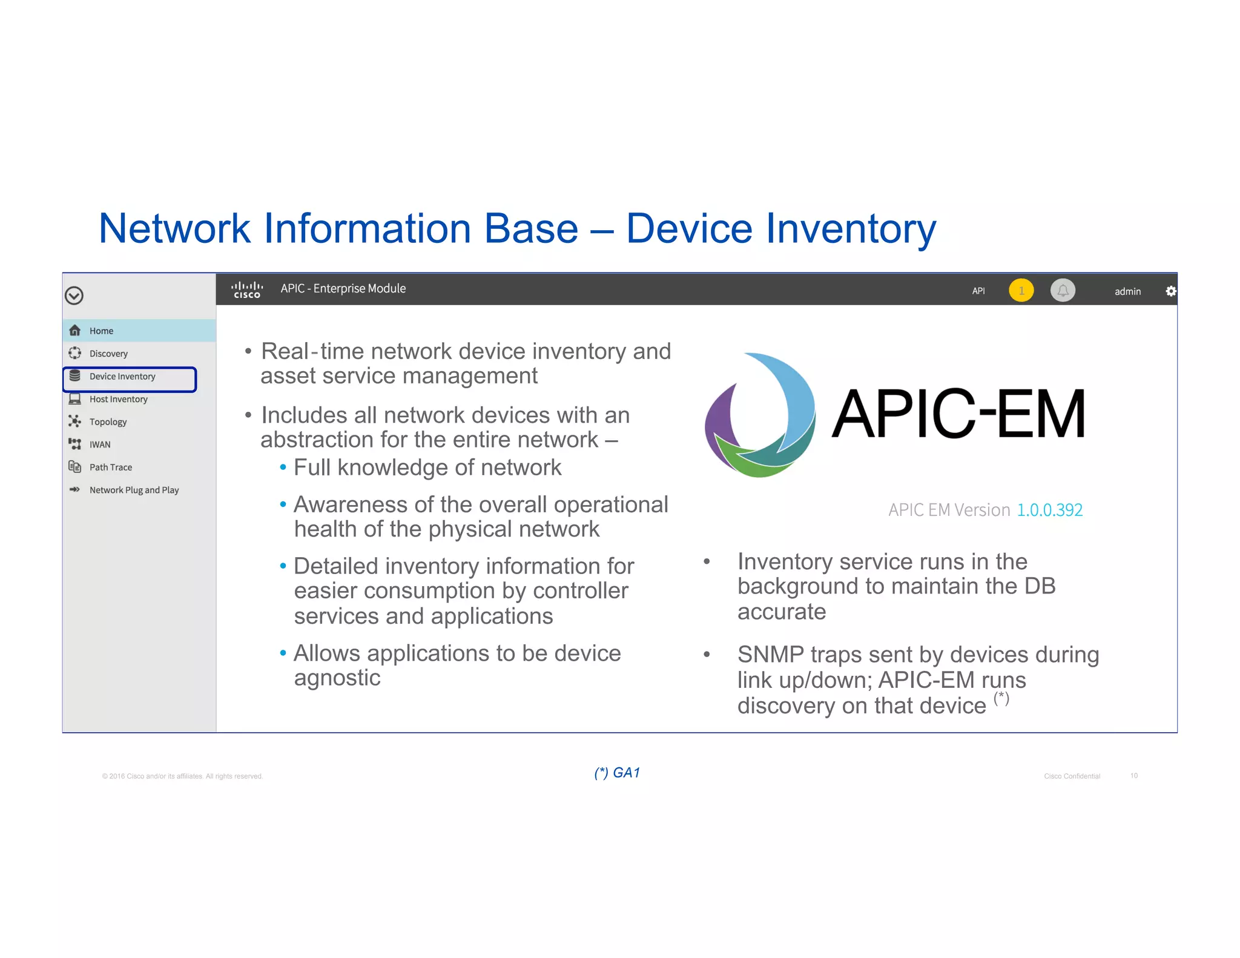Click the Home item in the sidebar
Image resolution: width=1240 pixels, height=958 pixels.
click(x=101, y=331)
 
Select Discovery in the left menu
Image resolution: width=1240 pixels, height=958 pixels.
click(x=108, y=354)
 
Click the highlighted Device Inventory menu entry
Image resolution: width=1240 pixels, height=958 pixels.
click(x=122, y=377)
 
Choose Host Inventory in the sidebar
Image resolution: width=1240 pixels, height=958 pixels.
click(x=118, y=399)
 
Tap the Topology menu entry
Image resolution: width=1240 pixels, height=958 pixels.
click(x=108, y=422)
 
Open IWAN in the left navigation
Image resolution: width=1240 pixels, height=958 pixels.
click(x=100, y=444)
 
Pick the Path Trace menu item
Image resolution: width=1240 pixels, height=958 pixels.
click(x=110, y=467)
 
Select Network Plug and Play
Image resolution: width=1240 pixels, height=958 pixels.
click(x=134, y=490)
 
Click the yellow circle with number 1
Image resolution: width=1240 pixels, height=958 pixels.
click(x=1021, y=291)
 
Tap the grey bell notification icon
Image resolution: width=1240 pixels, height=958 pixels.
click(x=1063, y=291)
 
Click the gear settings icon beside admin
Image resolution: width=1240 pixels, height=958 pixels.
click(x=1170, y=291)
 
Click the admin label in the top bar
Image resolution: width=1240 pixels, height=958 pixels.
click(x=1127, y=291)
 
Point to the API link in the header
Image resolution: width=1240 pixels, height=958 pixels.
click(x=978, y=291)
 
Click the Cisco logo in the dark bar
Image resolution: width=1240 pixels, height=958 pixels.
click(x=247, y=289)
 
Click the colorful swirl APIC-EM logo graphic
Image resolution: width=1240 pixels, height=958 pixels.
click(x=760, y=415)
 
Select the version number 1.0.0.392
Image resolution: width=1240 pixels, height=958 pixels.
click(x=1049, y=510)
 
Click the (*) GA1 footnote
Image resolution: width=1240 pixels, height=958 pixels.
click(x=617, y=773)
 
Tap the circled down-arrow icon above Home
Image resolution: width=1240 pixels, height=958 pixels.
click(x=74, y=296)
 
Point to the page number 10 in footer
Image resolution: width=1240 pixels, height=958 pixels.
click(x=1133, y=776)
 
